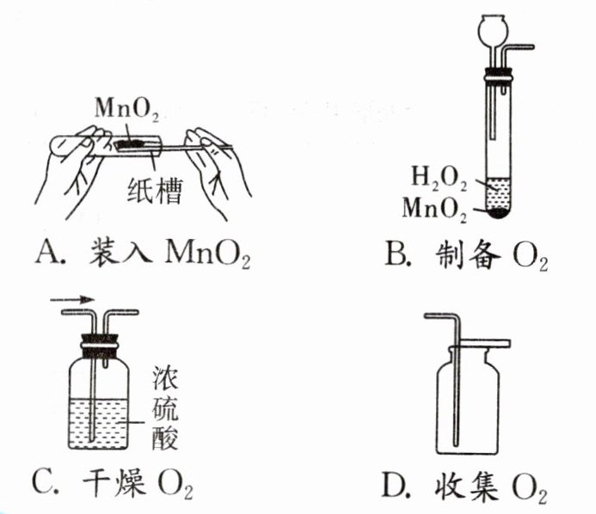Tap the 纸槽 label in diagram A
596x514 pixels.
tap(158, 189)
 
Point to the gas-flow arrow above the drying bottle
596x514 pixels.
tap(70, 301)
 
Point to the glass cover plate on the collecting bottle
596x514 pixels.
tap(482, 343)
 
